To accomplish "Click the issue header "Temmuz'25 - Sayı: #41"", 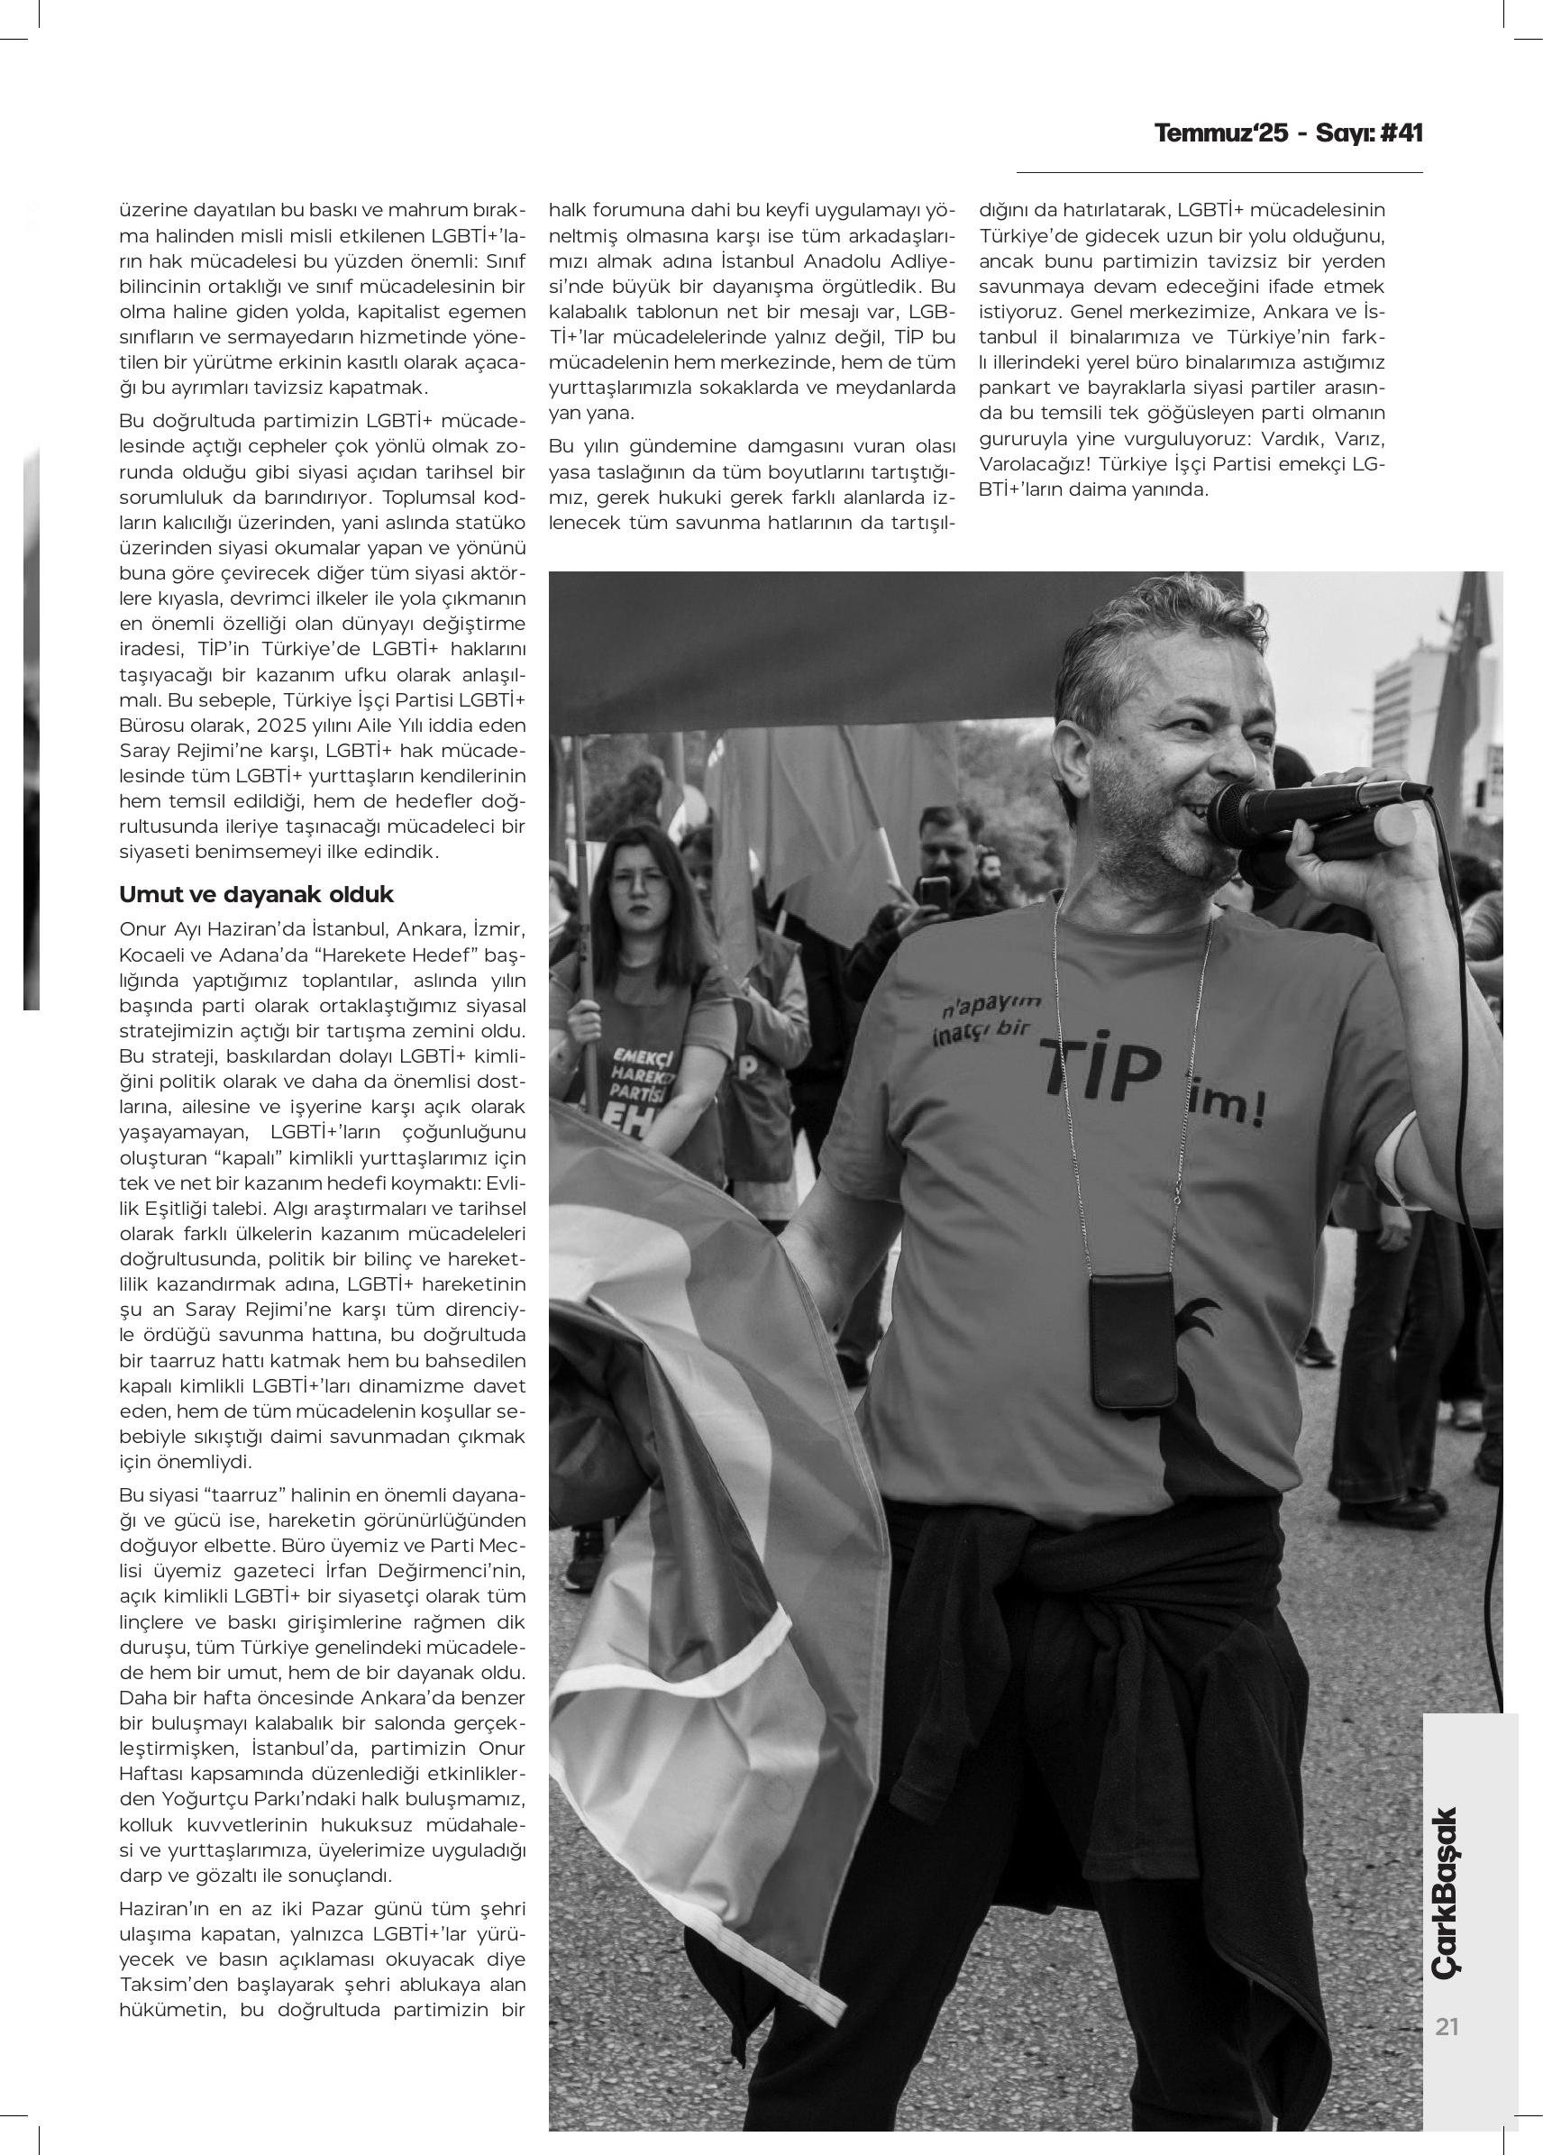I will coord(1288,133).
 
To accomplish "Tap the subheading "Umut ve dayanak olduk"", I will coord(256,895).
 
